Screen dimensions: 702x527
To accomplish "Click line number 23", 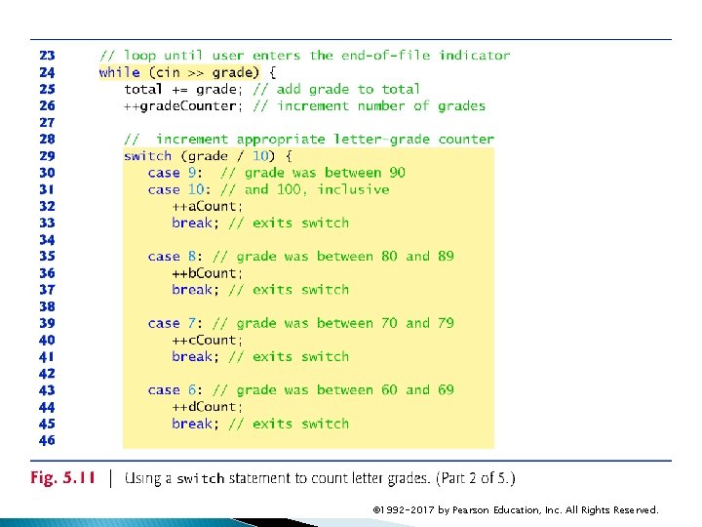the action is coord(47,56).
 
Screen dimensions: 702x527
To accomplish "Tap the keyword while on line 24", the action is coord(119,72).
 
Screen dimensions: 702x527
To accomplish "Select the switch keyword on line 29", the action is coord(148,156).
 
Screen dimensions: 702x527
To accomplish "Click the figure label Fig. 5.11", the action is coord(63,478).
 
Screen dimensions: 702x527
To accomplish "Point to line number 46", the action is coord(47,440).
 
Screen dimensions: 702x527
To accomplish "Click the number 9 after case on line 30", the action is coord(192,173).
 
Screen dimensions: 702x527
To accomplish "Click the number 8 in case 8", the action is coord(192,257).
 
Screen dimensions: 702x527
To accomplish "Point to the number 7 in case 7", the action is coord(192,323).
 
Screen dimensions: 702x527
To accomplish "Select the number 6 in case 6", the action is coord(192,390).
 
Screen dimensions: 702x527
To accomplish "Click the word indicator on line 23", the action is coord(474,56).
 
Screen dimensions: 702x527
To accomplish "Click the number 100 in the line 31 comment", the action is coord(291,189).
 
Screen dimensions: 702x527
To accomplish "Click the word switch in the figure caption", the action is coord(200,479).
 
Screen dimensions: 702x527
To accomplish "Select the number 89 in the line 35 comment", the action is coord(446,257).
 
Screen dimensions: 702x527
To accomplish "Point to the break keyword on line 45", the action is coord(192,424).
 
